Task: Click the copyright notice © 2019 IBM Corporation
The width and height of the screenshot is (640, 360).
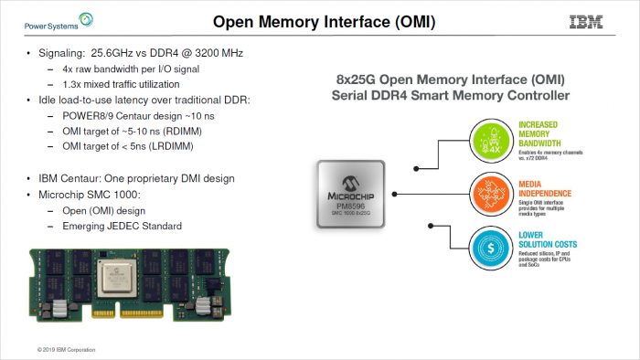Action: pyautogui.click(x=66, y=349)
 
